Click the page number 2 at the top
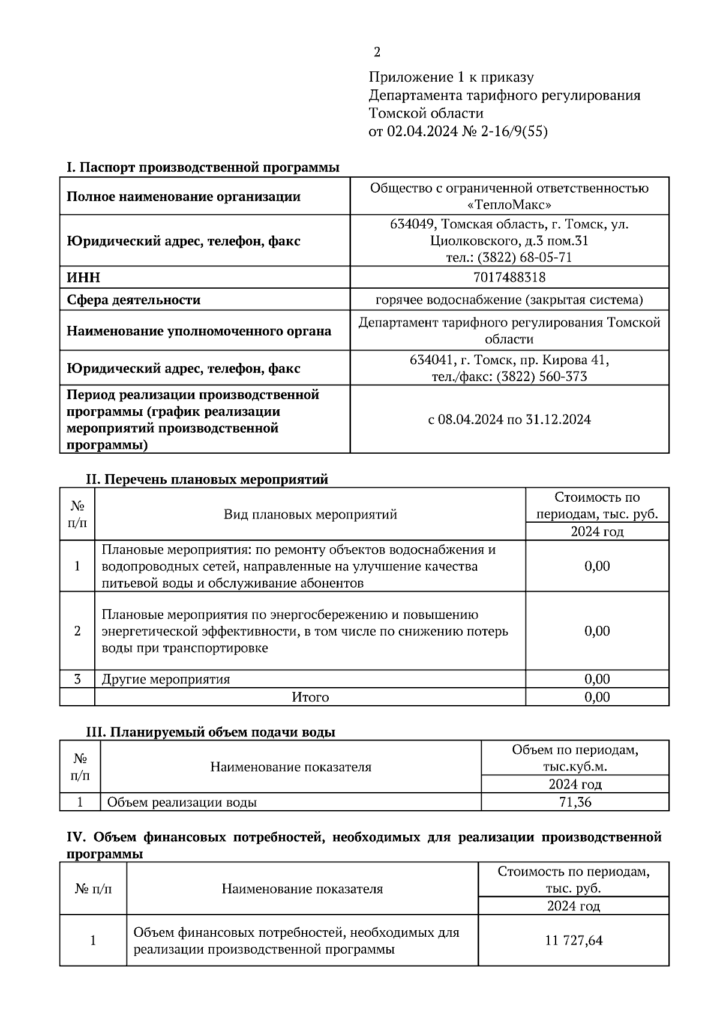(x=377, y=53)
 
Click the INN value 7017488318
(x=509, y=277)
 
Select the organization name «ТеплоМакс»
(x=509, y=205)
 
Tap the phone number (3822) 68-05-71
(x=529, y=257)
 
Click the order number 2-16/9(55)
(x=514, y=131)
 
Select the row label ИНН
(x=83, y=278)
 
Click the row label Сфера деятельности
(x=133, y=299)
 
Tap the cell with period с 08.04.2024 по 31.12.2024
(x=509, y=419)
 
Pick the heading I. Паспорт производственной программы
(x=203, y=167)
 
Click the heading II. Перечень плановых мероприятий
(x=207, y=479)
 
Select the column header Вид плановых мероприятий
(x=310, y=514)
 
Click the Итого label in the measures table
(x=310, y=697)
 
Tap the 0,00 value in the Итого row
(x=597, y=697)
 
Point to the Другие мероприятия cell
(x=166, y=679)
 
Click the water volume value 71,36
(x=575, y=802)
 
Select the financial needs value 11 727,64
(x=574, y=940)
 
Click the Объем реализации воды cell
(x=182, y=802)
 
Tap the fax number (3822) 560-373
(x=541, y=377)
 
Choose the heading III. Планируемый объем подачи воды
(x=211, y=732)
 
